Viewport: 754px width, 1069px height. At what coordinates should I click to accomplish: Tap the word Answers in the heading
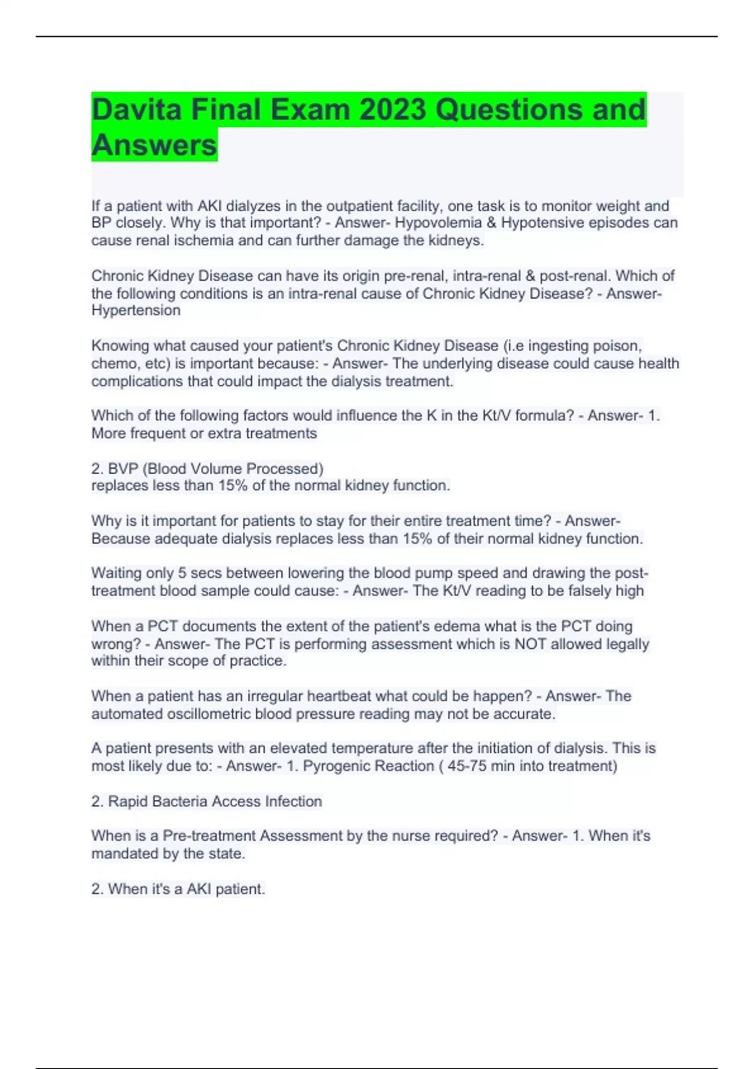154,145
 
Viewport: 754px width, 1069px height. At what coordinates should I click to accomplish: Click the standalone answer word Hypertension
136,311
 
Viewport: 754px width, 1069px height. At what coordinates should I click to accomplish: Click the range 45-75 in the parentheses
467,767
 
